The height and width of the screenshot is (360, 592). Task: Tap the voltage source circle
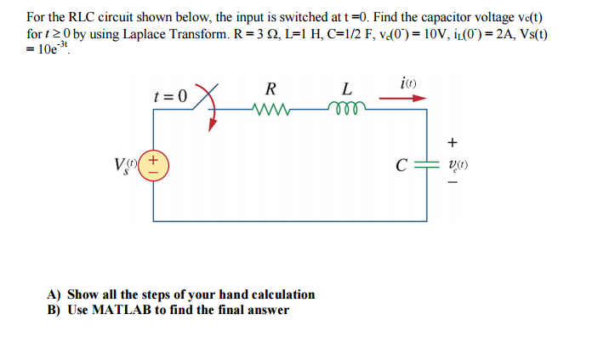coord(154,163)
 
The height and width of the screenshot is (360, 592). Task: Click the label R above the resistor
coord(270,88)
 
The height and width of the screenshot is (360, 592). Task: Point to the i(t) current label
coord(406,83)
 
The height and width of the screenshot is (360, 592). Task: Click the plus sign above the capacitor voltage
coord(452,141)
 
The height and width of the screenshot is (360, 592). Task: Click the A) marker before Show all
coord(54,294)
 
